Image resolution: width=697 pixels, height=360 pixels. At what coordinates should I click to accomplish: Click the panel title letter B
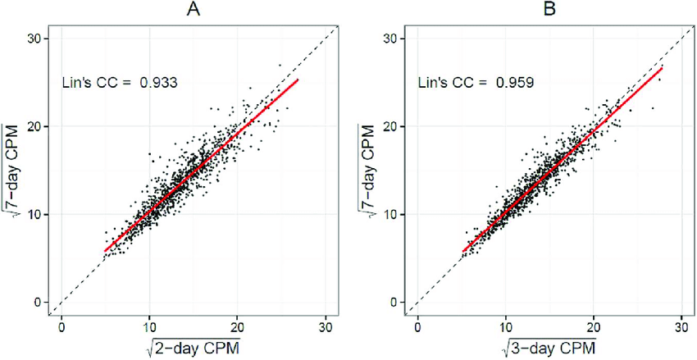point(546,11)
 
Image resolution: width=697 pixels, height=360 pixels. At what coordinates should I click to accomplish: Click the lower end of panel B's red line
point(463,251)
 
